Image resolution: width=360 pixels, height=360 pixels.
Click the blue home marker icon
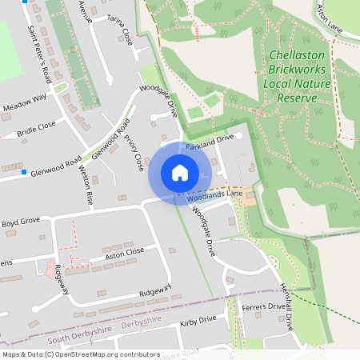180,173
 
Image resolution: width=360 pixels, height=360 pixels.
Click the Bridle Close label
36,126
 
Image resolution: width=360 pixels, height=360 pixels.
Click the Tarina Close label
120,28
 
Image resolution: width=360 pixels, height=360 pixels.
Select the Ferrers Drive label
262,306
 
